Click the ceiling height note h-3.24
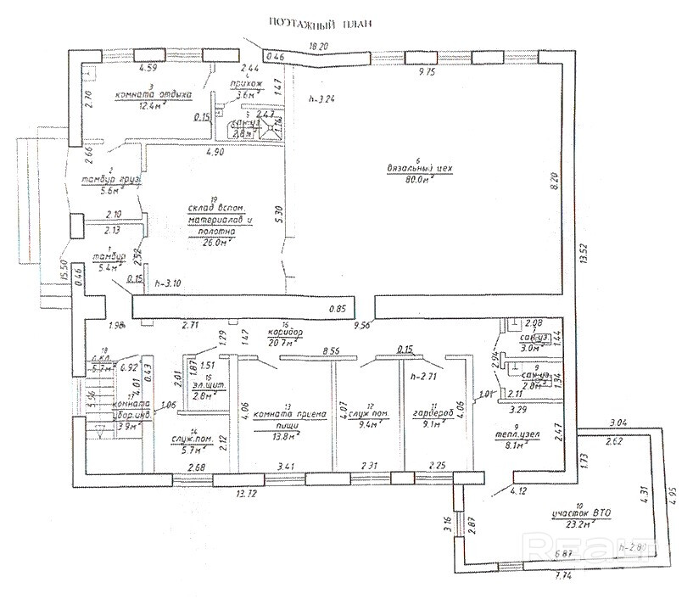click(323, 98)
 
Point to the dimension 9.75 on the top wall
click(450, 74)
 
